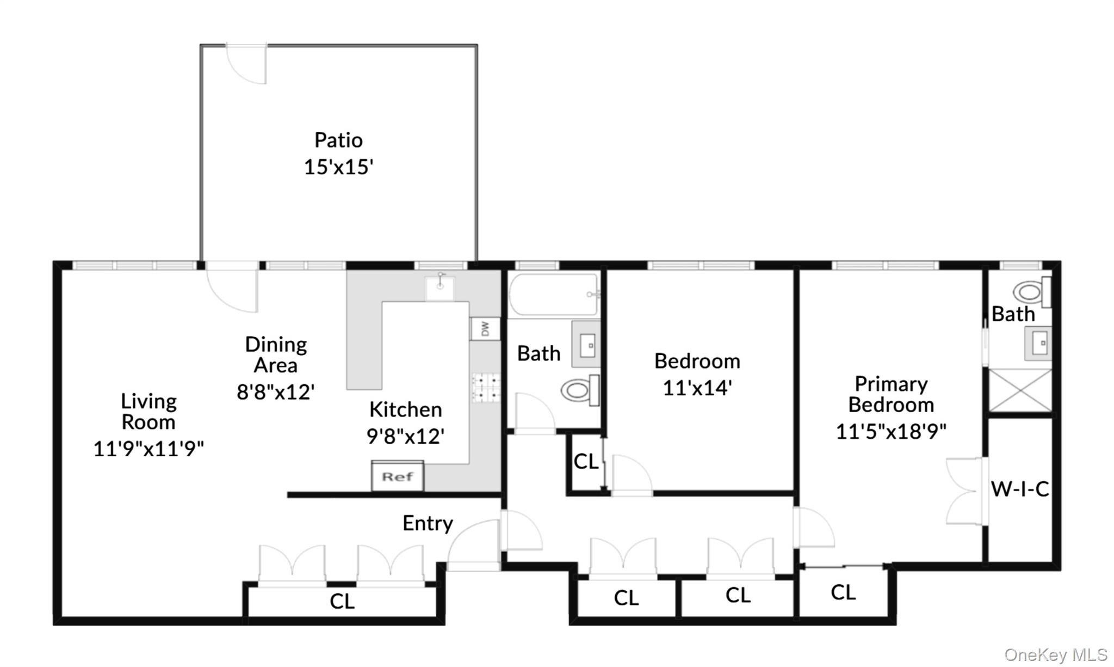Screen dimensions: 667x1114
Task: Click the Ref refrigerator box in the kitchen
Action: coord(398,476)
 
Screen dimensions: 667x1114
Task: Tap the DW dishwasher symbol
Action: coord(485,328)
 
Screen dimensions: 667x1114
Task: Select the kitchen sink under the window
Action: coord(440,287)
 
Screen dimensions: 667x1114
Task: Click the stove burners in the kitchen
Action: coord(485,387)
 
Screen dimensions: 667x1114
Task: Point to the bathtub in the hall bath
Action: coord(553,295)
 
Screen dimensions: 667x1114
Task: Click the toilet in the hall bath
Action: coord(579,390)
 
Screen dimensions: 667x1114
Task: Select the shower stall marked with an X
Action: coord(1020,390)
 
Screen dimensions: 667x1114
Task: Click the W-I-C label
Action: coord(1020,489)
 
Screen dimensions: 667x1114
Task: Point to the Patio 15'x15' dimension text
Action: coord(338,167)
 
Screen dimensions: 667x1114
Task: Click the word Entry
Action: coord(428,523)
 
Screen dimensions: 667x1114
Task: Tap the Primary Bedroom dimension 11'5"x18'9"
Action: coord(891,431)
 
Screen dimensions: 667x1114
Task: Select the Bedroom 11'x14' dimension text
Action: coord(697,388)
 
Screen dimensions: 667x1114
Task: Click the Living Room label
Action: coord(148,412)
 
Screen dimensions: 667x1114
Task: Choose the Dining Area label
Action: coord(276,354)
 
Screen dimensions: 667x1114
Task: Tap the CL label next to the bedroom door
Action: coord(586,462)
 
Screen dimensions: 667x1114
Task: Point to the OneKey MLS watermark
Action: coord(1055,654)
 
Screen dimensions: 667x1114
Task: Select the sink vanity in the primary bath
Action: coord(1038,343)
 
